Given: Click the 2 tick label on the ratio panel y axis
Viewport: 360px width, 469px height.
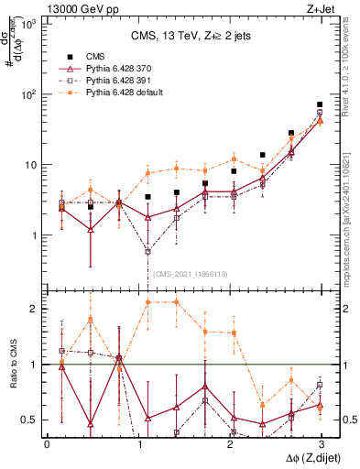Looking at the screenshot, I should [x=32, y=309].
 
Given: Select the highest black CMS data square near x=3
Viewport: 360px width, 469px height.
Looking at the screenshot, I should [x=320, y=105].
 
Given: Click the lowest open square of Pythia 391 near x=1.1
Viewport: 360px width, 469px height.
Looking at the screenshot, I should [x=147, y=251].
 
